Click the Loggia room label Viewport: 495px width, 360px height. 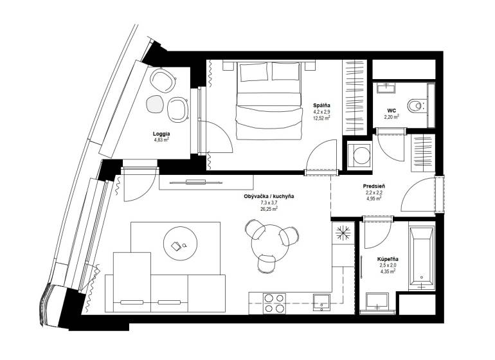(x=161, y=134)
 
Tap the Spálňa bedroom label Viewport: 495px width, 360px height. (x=321, y=105)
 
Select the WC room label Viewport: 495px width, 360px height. (x=392, y=111)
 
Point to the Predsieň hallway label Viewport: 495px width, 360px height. (x=373, y=186)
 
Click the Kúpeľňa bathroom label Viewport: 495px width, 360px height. (x=388, y=259)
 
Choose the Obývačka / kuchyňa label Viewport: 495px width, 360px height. (x=269, y=196)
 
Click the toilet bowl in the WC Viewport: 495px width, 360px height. (x=416, y=105)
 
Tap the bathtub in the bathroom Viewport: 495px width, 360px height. (x=422, y=256)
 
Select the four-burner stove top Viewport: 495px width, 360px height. (x=274, y=303)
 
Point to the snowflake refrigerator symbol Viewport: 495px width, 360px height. (x=343, y=233)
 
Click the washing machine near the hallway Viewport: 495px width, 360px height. (x=359, y=156)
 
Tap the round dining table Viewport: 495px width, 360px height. (x=270, y=243)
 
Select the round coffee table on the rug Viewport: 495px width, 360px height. (x=180, y=244)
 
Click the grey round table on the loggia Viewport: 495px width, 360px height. (x=155, y=104)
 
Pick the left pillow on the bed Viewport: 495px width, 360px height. (x=254, y=72)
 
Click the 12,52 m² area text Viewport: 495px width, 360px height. (x=321, y=118)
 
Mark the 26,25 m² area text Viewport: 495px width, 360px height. (x=269, y=209)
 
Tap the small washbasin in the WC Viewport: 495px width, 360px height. (x=386, y=87)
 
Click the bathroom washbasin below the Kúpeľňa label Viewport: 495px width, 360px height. (x=377, y=301)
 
